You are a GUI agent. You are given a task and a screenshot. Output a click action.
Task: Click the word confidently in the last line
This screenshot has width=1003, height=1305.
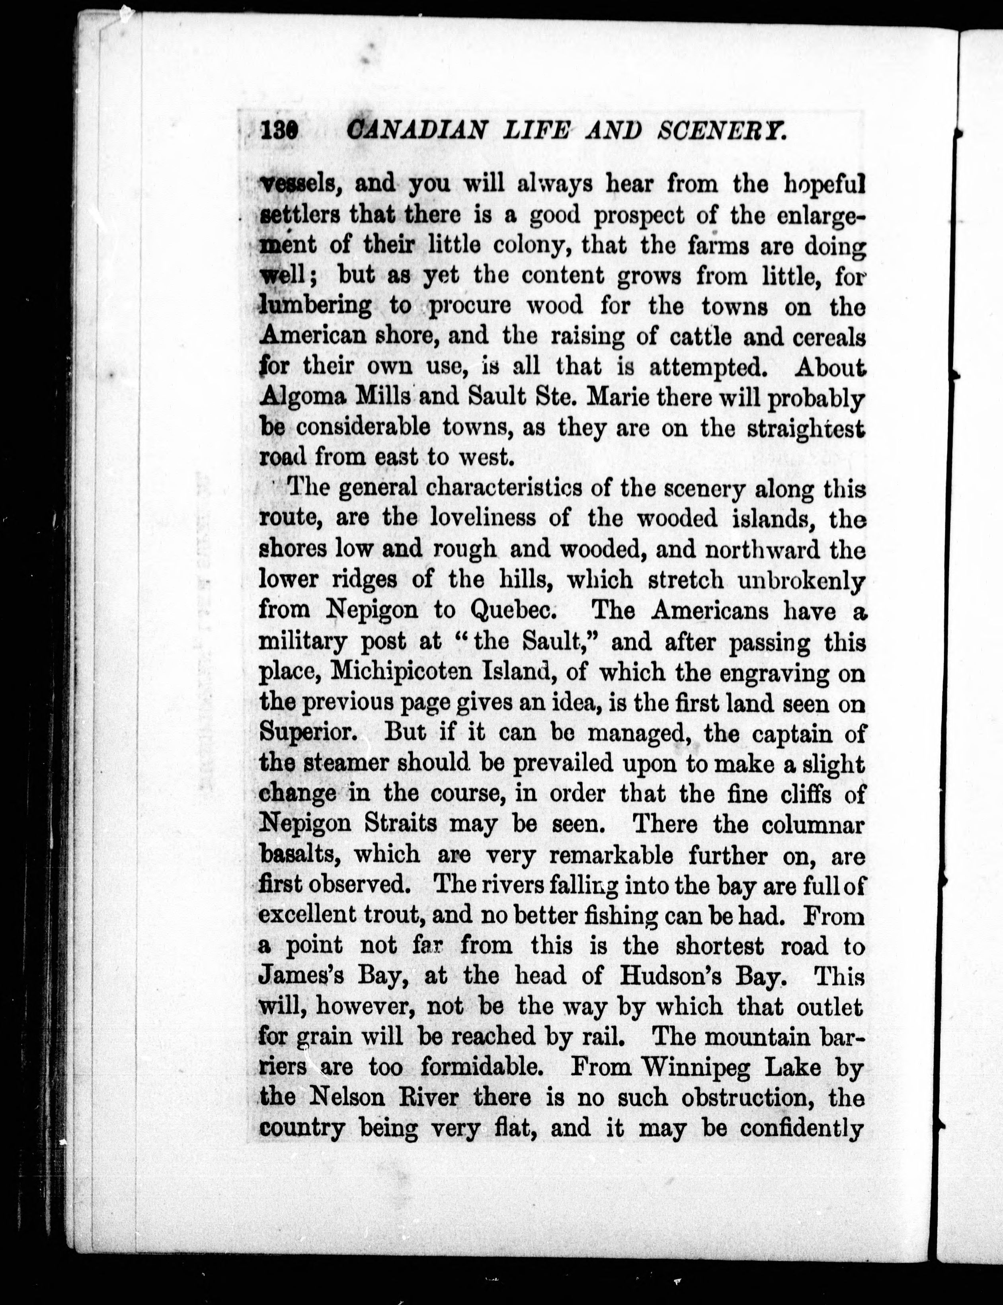[x=802, y=1129]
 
